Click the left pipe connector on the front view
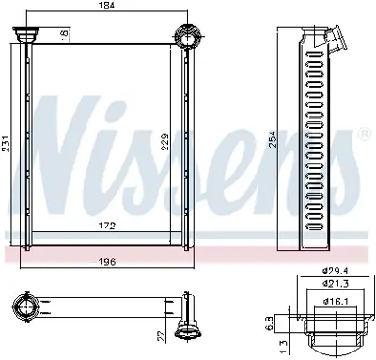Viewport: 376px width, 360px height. click(25, 36)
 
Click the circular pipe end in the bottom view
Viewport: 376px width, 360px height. click(25, 306)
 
